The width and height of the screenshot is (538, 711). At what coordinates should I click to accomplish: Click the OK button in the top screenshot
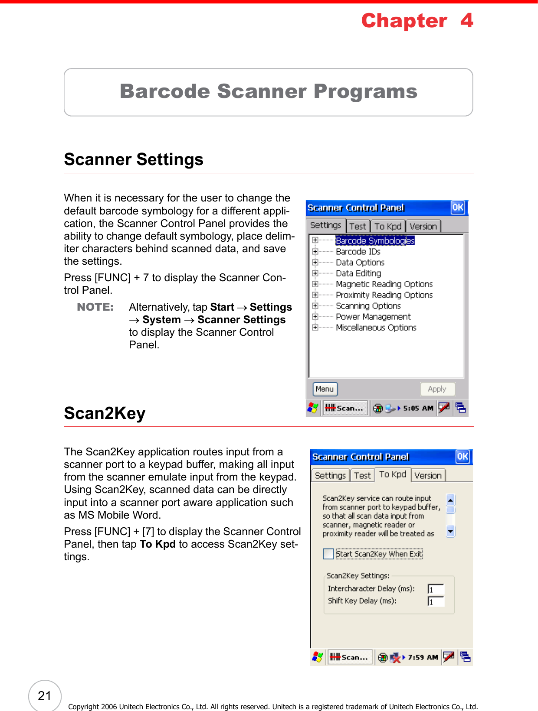click(458, 208)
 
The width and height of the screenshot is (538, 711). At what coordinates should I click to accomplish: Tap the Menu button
click(325, 389)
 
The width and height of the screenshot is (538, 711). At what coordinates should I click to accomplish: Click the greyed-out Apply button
click(437, 389)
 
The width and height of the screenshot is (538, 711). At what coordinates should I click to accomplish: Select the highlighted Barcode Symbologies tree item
click(375, 240)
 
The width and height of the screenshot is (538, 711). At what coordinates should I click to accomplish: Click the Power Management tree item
click(373, 317)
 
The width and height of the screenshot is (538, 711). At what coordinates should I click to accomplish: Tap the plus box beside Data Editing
click(315, 273)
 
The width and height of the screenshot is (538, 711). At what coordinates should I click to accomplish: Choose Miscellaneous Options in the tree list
click(376, 328)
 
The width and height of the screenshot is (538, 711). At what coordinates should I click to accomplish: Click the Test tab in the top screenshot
click(358, 226)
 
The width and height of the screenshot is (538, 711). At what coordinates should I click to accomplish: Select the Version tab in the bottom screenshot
click(428, 475)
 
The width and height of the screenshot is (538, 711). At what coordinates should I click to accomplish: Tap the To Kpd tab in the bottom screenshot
click(393, 474)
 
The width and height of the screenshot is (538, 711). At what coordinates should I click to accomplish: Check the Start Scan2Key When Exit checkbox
click(328, 554)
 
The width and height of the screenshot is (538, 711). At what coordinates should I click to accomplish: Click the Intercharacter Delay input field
click(436, 589)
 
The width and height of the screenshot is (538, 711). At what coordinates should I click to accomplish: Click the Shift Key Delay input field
click(436, 601)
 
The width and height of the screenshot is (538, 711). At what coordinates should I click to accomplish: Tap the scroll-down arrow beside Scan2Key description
click(451, 531)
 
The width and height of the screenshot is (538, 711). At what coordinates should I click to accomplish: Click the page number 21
click(45, 696)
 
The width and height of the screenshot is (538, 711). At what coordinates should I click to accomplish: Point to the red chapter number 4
click(467, 20)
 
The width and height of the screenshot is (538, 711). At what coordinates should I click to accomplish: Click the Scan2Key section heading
click(105, 413)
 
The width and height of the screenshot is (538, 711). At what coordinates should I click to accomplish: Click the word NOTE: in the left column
click(95, 307)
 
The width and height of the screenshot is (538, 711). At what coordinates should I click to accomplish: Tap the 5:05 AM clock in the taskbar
click(418, 408)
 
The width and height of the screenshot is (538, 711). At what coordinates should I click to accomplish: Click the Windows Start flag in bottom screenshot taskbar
click(318, 657)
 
